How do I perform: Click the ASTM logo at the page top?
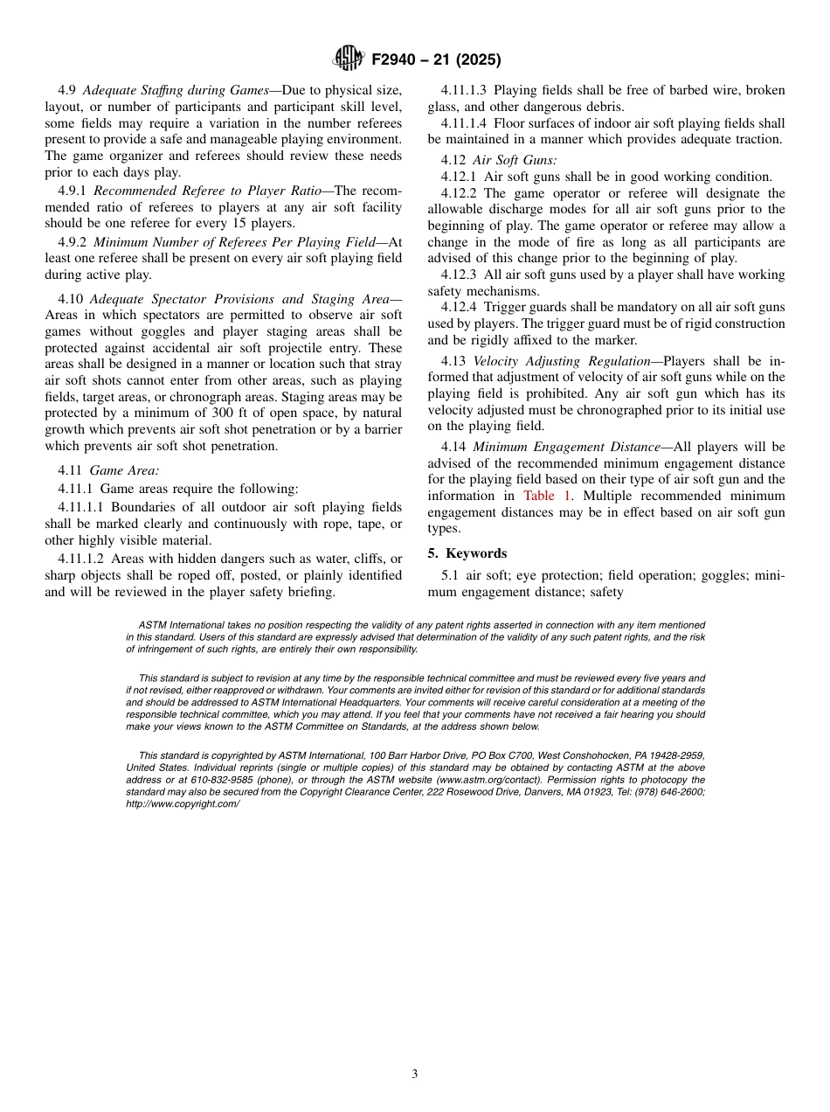[x=348, y=59]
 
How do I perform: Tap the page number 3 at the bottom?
[x=414, y=1074]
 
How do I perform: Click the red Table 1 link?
[x=548, y=496]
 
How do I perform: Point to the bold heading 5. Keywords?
[x=467, y=553]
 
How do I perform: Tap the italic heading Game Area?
[x=124, y=470]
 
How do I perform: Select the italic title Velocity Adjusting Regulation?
[x=561, y=361]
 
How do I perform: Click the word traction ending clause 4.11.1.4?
[x=756, y=139]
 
